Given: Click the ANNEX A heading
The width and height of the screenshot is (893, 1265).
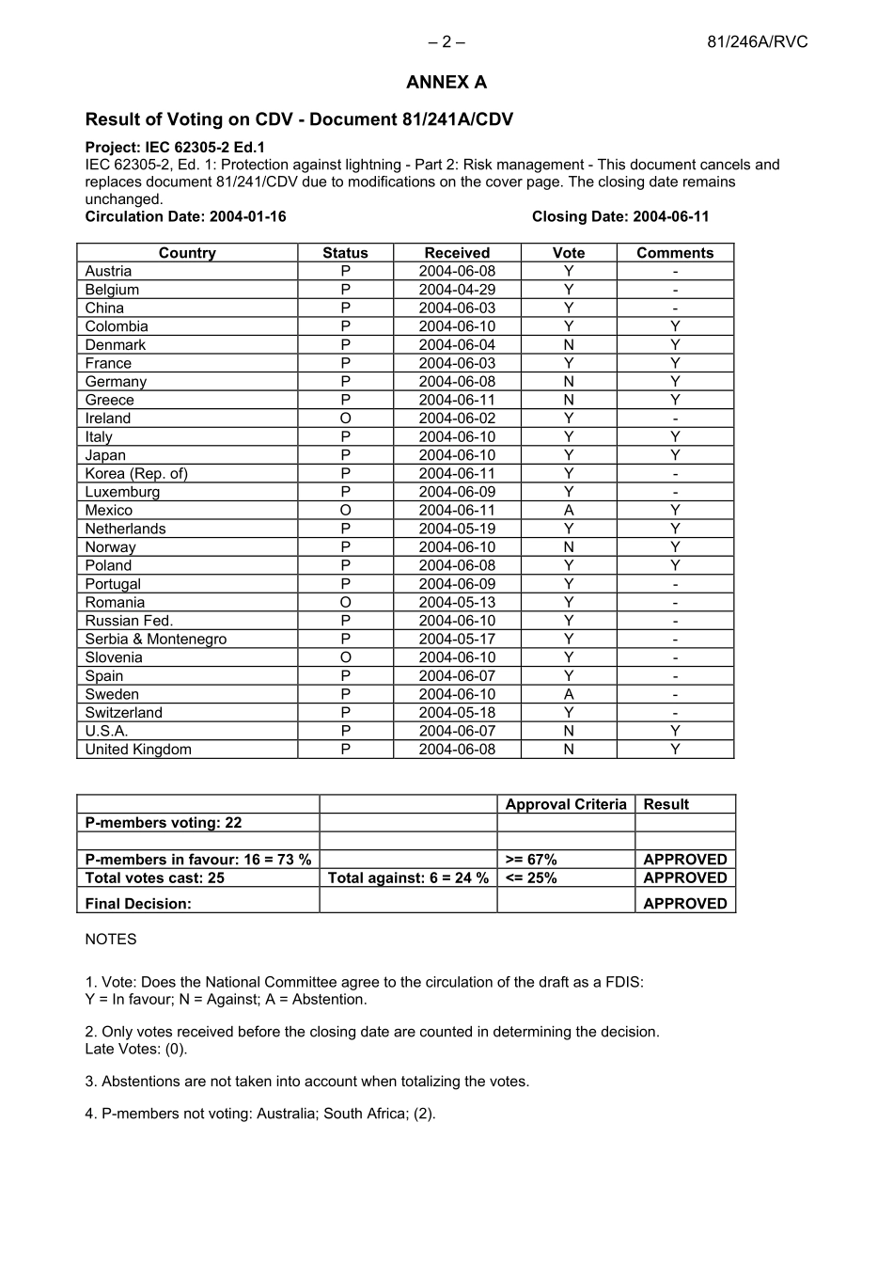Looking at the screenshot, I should click(446, 83).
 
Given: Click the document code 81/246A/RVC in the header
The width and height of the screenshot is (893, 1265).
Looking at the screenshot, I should click(757, 41).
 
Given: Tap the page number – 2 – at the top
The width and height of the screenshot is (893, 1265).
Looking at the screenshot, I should click(446, 41).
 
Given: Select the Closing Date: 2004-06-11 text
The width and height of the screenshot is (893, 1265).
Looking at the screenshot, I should click(619, 216).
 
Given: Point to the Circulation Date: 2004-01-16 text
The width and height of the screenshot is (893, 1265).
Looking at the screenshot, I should click(185, 216).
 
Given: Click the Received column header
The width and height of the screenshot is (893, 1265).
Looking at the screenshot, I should click(457, 253).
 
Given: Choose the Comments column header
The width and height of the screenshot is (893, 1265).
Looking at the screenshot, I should click(674, 253).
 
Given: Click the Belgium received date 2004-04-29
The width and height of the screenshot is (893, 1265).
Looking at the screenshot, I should click(457, 290).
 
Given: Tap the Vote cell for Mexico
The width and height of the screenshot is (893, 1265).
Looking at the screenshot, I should click(568, 511).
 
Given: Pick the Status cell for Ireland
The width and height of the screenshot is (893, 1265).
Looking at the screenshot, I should click(345, 419).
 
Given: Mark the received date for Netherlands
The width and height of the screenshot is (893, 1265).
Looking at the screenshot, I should click(457, 529).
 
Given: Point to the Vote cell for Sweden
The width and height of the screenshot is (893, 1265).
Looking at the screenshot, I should click(568, 694).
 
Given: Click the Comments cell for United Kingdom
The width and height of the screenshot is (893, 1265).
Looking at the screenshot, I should click(674, 750).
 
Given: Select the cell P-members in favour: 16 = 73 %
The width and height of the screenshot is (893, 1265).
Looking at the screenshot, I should click(197, 860).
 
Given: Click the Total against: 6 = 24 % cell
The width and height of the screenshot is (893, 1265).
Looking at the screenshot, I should click(408, 878).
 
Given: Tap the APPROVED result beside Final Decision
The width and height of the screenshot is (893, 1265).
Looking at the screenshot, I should click(684, 903).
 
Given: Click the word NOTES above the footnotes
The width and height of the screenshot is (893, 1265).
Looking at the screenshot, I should click(111, 940).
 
